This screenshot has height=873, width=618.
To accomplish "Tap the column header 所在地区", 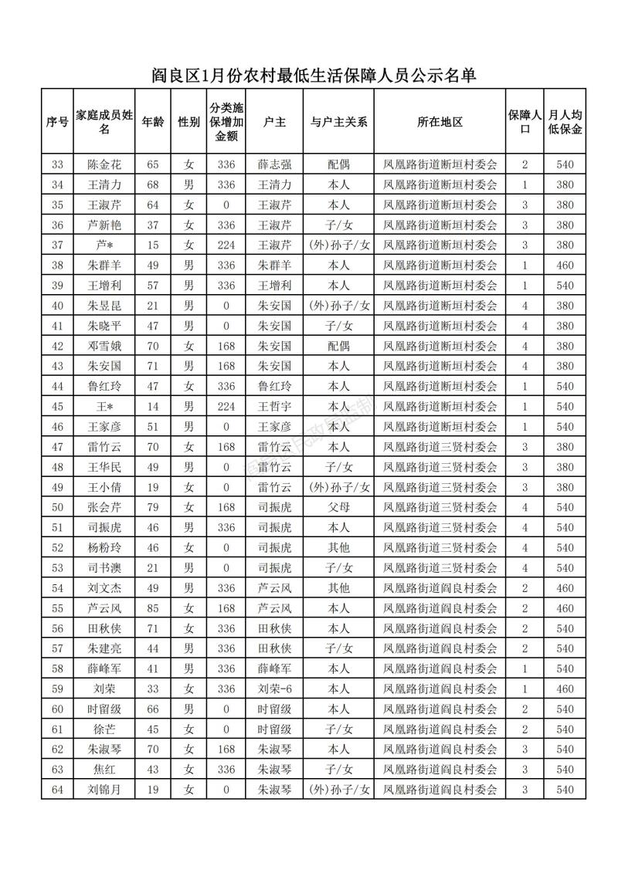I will [x=440, y=122].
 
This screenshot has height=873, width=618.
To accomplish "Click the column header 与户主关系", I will [x=338, y=122].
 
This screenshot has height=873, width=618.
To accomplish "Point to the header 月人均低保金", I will [x=565, y=122].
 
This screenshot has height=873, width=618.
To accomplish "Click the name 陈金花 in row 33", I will [x=104, y=164].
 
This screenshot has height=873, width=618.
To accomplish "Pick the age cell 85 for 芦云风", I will [x=153, y=608].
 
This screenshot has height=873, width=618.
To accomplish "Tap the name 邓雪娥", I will [x=104, y=346].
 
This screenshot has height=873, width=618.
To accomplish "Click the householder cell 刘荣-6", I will [x=275, y=689].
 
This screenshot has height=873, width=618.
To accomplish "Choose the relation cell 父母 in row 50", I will [x=338, y=507].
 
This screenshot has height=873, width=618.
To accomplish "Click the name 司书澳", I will [x=104, y=568].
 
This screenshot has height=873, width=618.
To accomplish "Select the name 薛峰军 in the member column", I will [x=104, y=668].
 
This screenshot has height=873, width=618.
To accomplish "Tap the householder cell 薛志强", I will [x=275, y=164].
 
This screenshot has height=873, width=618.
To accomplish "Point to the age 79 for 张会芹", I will [x=153, y=507].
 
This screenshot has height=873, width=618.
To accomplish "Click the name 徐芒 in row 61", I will [x=104, y=729].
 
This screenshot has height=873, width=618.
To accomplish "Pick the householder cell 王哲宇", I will [x=275, y=406].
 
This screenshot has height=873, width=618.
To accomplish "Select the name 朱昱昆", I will [x=104, y=306].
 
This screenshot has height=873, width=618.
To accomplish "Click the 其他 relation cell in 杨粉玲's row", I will [x=338, y=548].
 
